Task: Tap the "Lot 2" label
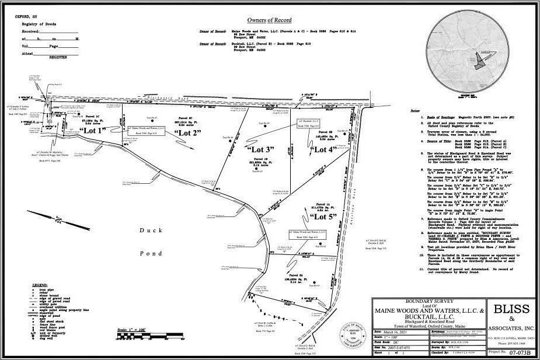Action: [188, 134]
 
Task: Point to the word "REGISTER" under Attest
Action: [57, 57]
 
